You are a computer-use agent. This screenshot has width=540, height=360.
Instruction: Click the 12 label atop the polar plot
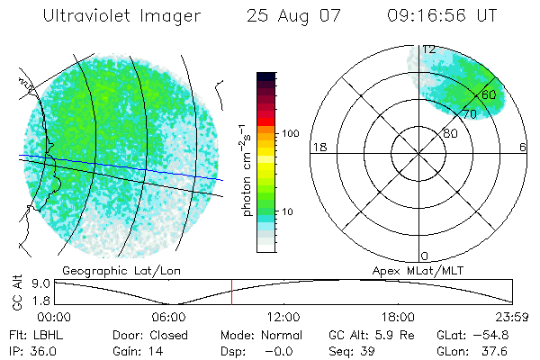(429, 49)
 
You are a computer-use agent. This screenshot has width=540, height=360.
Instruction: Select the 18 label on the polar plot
(318, 147)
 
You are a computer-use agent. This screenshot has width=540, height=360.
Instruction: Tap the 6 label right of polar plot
(523, 147)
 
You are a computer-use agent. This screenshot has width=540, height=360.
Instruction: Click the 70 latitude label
(469, 114)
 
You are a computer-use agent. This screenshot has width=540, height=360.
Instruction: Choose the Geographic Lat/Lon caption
(107, 270)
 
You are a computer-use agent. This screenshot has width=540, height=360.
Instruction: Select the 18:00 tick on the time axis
(397, 317)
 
